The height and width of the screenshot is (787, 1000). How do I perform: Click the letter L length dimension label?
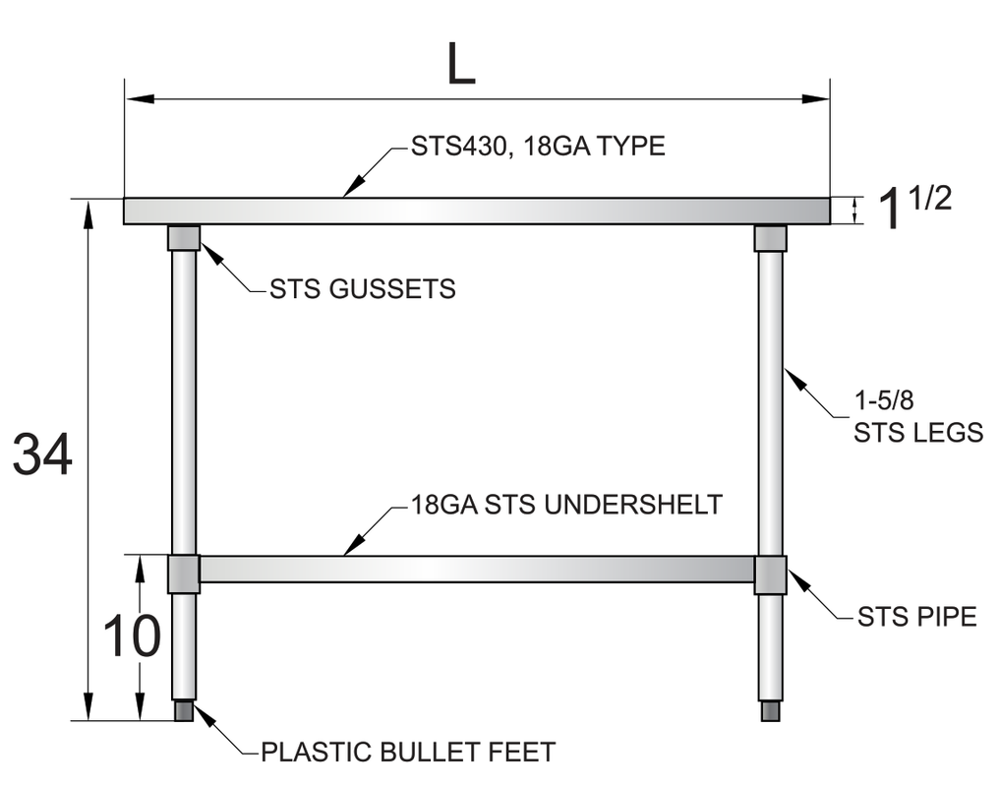pos(460,65)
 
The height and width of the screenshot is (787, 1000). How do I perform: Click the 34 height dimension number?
pos(42,457)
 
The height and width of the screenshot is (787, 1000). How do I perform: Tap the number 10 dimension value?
pos(131,636)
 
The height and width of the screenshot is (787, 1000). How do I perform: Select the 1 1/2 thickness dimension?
pos(912,209)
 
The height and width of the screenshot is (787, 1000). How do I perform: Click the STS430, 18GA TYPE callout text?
pos(538,147)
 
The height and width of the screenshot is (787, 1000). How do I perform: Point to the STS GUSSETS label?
pos(363,289)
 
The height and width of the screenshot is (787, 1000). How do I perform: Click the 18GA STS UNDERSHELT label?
pos(566,506)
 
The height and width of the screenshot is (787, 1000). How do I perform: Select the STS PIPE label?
pos(916,617)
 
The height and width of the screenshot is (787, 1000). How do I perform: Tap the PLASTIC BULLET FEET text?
pos(408,753)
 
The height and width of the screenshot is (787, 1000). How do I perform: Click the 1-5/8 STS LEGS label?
pos(917,417)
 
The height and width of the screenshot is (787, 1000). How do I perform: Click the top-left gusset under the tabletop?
pos(184,238)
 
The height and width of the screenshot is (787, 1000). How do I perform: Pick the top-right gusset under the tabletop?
pos(770,238)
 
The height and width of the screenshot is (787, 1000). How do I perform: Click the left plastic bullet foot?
pos(184,710)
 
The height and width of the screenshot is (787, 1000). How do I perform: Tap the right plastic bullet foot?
pos(770,710)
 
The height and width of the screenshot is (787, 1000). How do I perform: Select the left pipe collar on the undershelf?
pos(184,575)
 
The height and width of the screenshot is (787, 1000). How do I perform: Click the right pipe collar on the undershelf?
pos(770,575)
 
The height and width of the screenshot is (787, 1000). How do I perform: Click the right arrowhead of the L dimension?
pos(818,98)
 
